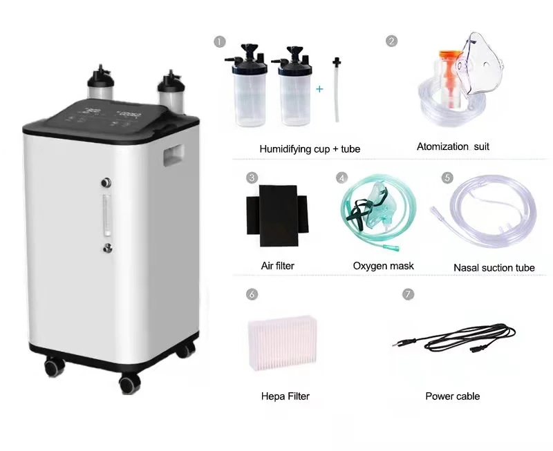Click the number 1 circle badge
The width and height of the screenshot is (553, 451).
220,41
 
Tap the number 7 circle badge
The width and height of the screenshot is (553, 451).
408,294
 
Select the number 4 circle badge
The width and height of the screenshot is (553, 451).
341,177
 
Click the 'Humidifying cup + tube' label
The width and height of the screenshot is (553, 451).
310,148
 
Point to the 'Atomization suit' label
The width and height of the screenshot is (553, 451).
453,146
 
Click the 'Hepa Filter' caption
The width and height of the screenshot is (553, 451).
285,396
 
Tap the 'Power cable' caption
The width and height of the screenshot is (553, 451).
453,396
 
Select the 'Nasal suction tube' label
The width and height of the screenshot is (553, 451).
494,267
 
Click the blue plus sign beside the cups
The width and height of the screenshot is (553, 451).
319,89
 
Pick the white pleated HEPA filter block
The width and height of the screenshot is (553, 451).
283,343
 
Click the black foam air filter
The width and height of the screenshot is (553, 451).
278,215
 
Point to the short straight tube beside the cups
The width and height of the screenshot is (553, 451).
337,90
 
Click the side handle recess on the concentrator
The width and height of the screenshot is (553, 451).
174,155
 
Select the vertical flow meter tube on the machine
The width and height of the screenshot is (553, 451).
106,215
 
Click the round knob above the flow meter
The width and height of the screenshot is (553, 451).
106,182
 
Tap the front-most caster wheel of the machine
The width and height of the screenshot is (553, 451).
130,384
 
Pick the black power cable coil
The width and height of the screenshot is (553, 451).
455,338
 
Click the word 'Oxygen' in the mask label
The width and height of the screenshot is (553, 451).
368,266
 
